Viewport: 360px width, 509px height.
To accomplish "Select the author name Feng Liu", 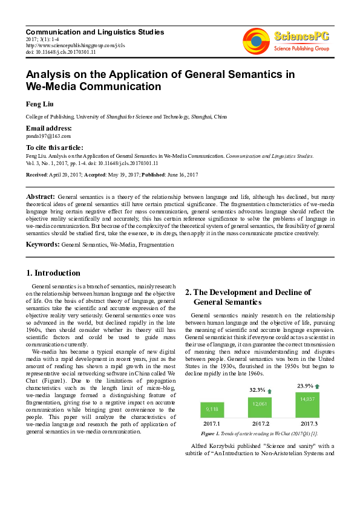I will (40, 103).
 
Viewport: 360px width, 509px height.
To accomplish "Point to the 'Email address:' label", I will (48, 128).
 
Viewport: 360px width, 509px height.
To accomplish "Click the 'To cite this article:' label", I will (54, 148).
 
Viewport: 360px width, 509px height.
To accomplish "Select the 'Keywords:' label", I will (42, 244).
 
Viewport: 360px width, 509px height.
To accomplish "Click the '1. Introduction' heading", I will (54, 273).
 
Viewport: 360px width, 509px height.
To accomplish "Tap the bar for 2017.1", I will (212, 410).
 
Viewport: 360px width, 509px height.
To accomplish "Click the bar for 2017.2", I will (259, 407).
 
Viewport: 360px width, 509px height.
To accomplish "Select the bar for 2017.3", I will (307, 404).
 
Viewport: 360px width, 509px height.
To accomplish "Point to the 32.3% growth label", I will (258, 391).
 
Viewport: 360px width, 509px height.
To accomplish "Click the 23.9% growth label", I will (305, 386).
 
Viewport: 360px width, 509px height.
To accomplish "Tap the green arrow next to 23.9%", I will (317, 386).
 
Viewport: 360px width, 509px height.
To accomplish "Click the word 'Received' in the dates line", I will (37, 175).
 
